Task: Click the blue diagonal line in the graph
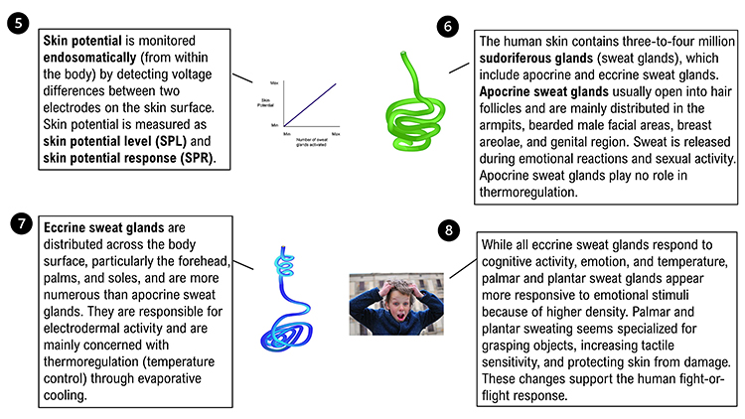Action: (x=311, y=102)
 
